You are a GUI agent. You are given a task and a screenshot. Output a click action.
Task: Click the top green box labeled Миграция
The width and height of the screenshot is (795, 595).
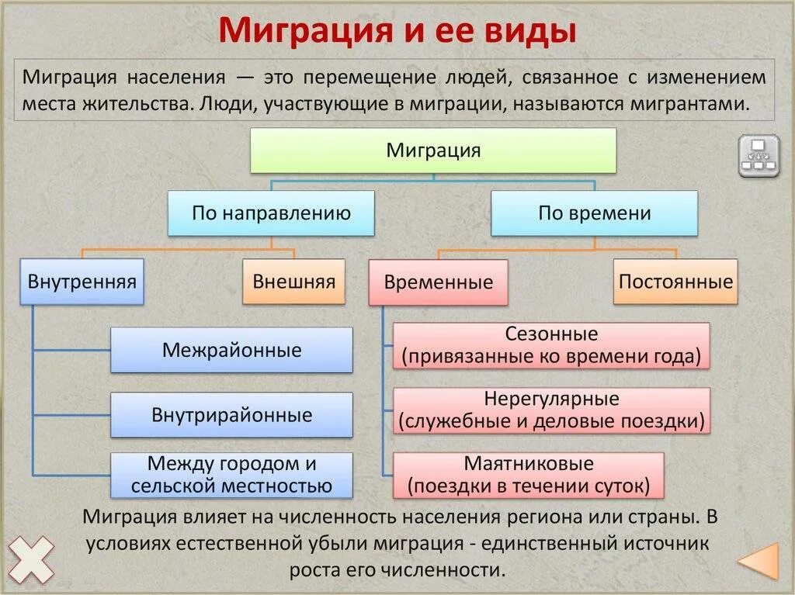coord(433,150)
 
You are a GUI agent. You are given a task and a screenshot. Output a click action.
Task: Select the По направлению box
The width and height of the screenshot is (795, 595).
coord(271,213)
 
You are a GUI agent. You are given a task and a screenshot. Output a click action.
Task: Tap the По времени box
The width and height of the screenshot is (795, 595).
coord(594,213)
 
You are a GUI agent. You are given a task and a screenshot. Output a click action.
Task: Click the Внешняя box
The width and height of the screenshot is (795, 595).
coord(293,281)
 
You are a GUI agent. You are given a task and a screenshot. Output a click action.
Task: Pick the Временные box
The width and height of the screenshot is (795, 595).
coord(438,282)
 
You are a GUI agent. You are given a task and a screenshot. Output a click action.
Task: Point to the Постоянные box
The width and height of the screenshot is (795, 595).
coord(675,281)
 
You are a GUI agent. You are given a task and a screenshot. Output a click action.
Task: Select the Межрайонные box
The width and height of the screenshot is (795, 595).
coord(231,350)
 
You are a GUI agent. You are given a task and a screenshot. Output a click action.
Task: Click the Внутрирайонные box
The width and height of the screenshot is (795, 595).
coord(231,415)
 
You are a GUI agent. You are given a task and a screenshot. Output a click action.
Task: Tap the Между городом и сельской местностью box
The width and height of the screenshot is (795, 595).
coord(231,476)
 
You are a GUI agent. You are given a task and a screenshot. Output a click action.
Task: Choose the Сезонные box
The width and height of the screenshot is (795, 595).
coord(551,345)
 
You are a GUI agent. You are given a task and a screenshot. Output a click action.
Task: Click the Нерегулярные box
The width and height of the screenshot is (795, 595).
coord(551,410)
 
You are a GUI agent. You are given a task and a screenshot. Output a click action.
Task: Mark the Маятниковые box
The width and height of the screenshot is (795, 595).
coord(529,475)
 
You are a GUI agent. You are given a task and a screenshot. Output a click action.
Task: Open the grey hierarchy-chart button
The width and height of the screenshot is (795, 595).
coord(759,156)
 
